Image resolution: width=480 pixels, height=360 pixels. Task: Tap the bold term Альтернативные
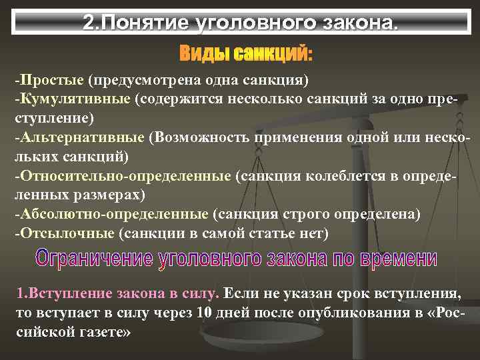tap(81, 138)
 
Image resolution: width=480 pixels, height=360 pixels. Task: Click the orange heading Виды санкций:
tap(245, 52)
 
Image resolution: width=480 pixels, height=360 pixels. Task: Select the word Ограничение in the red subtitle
tap(94, 259)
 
